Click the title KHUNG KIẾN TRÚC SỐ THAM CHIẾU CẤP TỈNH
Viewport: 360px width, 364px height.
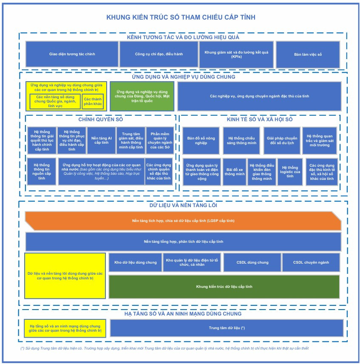coord(181,17)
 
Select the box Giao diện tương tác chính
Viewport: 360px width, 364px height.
coord(72,54)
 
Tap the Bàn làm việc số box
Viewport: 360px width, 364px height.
coord(308,54)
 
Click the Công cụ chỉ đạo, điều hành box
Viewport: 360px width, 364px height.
coord(159,54)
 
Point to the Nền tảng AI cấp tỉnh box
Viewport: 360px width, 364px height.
coord(101,140)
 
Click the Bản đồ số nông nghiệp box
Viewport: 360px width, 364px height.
coord(201,140)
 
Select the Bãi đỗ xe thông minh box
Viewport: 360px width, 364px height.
coord(235,172)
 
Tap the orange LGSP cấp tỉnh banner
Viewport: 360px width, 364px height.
coord(183,221)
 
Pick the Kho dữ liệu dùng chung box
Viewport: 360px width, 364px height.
coord(136,262)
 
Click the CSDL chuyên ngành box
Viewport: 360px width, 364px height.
coord(311,262)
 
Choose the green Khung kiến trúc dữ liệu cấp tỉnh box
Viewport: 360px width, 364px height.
coord(224,287)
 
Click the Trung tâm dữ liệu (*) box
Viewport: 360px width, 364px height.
coord(227,328)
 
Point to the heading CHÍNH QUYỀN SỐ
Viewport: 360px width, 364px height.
coord(101,119)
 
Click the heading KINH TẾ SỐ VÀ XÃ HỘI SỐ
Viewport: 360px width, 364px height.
coord(260,119)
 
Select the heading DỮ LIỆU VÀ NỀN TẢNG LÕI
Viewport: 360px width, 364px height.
coord(183,205)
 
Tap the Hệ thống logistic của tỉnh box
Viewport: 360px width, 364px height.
coord(290,172)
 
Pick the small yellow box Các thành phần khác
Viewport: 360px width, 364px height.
coord(93,102)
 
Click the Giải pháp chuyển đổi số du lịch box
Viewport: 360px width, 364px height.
coord(282,140)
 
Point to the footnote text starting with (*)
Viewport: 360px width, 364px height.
coord(164,348)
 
